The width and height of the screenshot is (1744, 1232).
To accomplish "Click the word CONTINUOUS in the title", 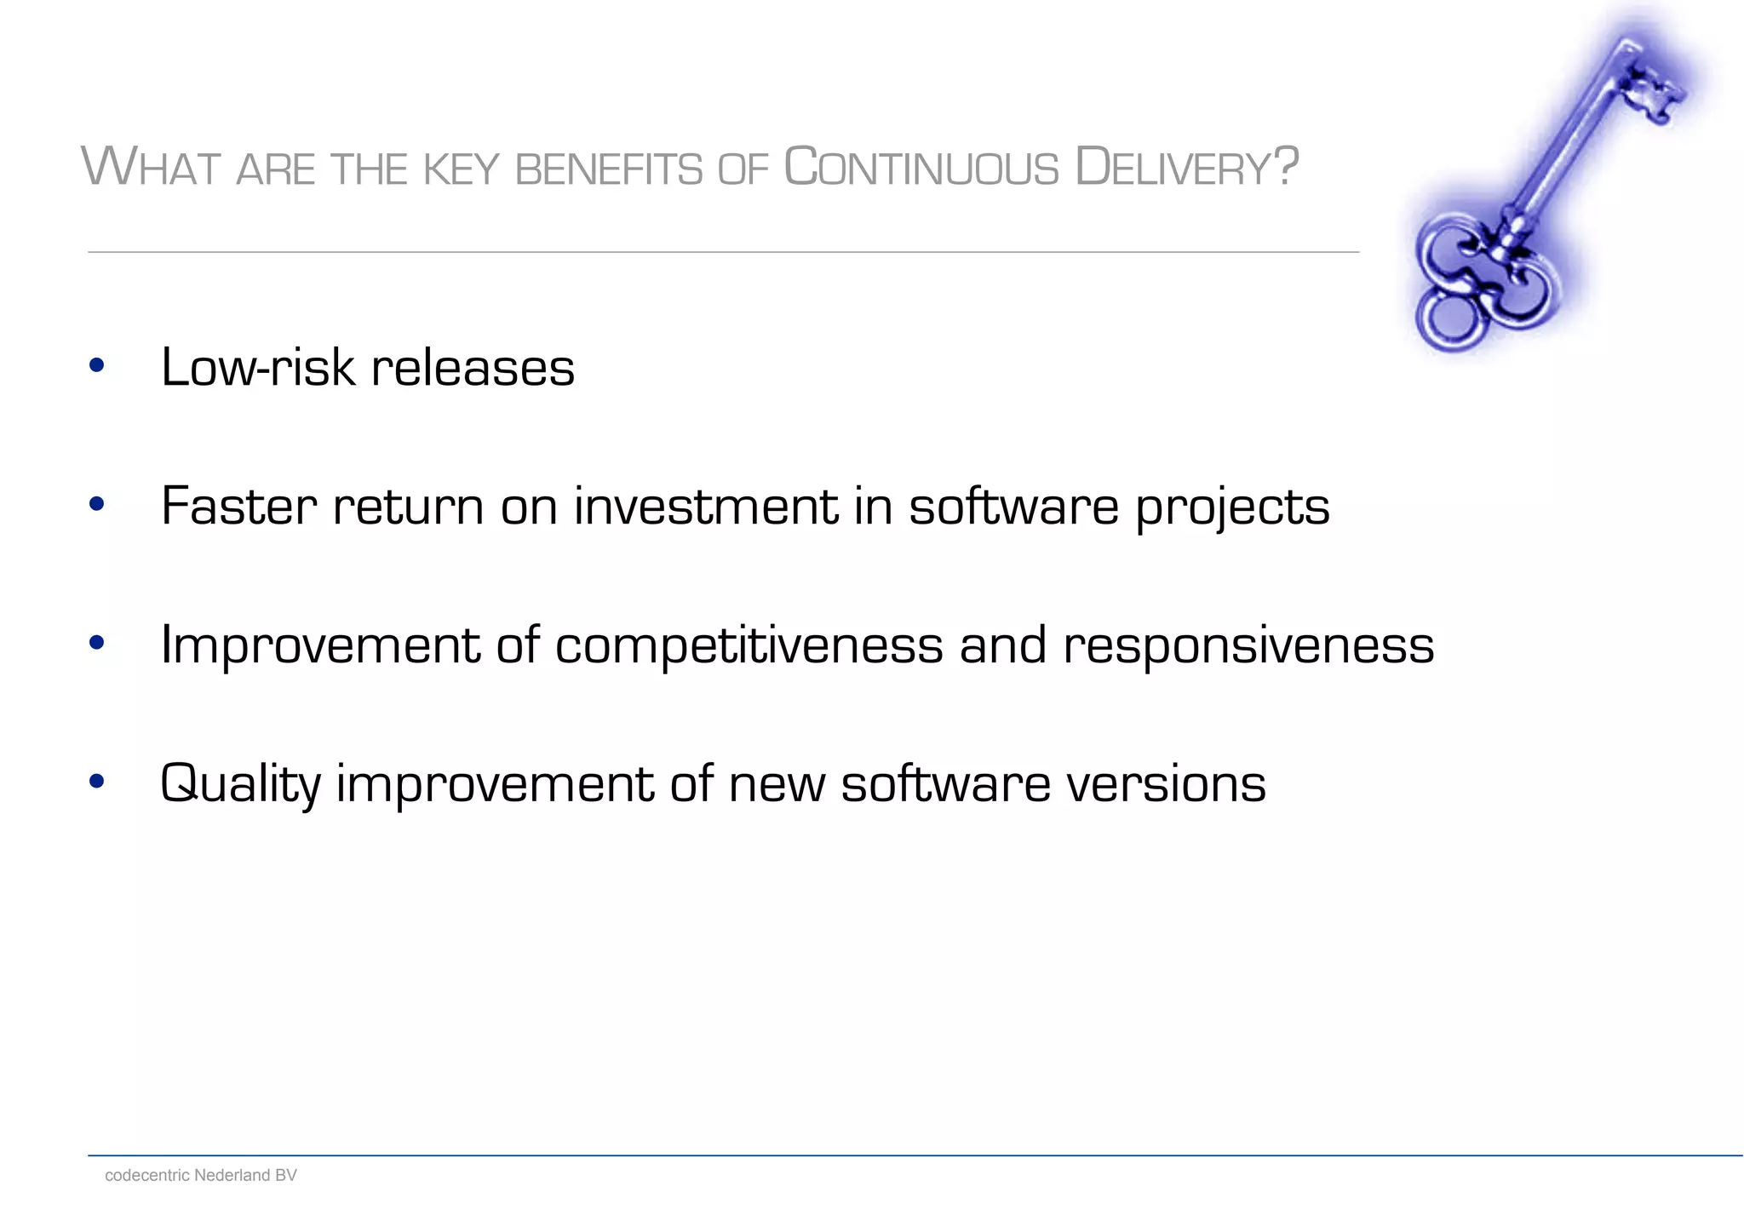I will (921, 167).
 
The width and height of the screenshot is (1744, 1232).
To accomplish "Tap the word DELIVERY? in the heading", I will (1186, 167).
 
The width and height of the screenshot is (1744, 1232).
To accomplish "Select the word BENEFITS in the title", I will (609, 169).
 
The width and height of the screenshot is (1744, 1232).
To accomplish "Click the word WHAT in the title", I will (151, 167).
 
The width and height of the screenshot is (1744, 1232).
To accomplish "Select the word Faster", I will (238, 507).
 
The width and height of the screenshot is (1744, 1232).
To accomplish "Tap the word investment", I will (706, 507).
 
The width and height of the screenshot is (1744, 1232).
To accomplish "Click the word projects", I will (1232, 508).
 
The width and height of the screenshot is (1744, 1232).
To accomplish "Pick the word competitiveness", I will (749, 645).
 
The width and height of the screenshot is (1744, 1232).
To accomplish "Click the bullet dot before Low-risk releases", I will (96, 366).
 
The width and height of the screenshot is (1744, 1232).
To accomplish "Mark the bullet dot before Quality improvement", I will (96, 781).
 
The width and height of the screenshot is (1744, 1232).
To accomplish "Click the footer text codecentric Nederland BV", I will (200, 1175).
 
